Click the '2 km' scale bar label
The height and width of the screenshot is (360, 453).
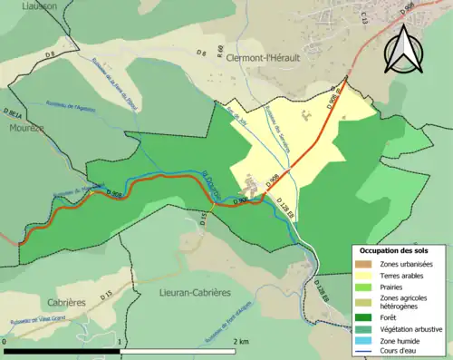240,341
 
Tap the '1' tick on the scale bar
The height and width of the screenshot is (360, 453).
120,341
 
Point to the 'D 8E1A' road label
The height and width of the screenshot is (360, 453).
13,113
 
